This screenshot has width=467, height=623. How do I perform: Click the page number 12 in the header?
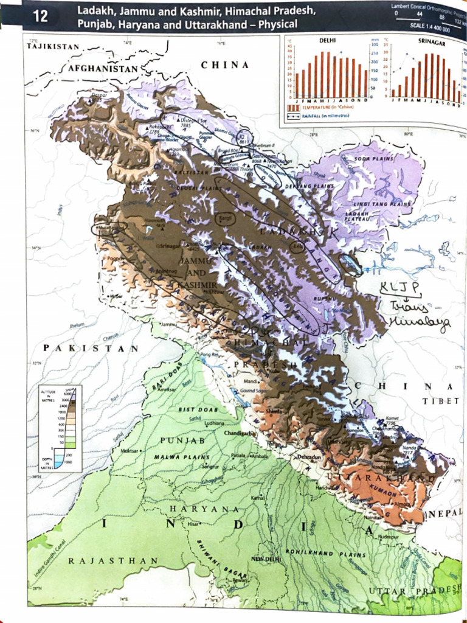(40, 16)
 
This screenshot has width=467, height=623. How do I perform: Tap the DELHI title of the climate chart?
(328, 40)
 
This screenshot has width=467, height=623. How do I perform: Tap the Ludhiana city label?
(214, 422)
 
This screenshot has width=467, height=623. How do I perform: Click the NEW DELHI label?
(265, 558)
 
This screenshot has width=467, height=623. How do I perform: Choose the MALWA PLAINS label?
(182, 456)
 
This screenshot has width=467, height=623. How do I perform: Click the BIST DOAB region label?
(195, 409)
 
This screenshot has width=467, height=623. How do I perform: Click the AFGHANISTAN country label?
(103, 69)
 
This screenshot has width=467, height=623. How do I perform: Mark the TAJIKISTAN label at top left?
(54, 47)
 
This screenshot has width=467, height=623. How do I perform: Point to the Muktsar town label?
(128, 451)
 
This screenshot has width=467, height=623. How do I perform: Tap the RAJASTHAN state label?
(113, 560)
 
